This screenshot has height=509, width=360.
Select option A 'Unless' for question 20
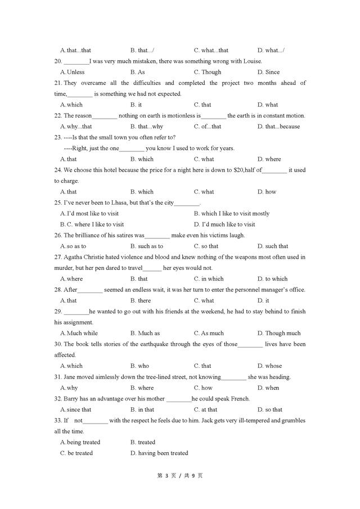(72, 72)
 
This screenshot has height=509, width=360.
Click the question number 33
(58, 421)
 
